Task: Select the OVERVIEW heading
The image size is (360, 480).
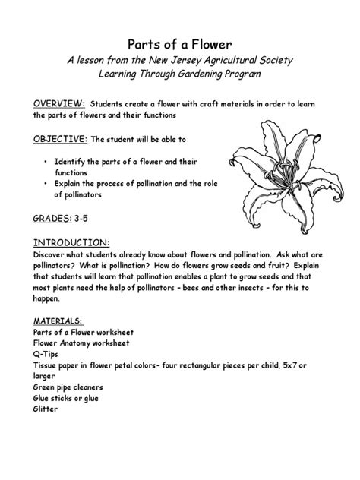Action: point(58,103)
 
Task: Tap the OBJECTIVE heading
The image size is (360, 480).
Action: point(60,140)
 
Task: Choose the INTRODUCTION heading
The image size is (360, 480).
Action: point(70,242)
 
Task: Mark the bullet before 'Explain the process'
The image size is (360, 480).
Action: point(46,184)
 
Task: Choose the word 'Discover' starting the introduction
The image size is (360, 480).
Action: point(51,255)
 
